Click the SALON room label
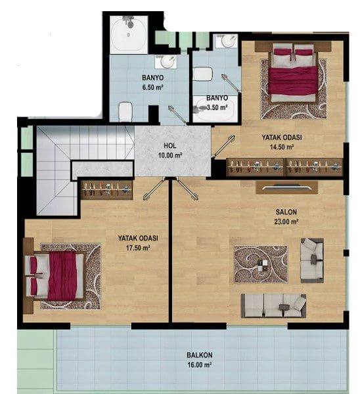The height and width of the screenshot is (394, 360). [286, 212]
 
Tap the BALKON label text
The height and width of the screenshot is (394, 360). [200, 355]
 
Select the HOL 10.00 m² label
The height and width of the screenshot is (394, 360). [170, 151]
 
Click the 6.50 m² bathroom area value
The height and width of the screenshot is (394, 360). [153, 87]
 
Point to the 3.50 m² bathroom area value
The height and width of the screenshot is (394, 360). [217, 108]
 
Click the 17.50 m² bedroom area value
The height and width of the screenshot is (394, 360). [138, 248]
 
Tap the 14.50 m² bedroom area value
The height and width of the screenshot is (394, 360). [282, 147]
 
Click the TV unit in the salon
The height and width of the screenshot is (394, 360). [286, 187]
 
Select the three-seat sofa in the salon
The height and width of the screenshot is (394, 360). [273, 306]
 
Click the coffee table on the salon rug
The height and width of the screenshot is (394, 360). [263, 265]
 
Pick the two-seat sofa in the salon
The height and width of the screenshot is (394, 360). [312, 260]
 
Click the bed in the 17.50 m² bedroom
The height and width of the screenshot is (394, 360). [54, 276]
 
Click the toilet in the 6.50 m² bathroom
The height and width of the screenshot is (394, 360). [125, 112]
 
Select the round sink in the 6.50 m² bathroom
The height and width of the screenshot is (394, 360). [166, 62]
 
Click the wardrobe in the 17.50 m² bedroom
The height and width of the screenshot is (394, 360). [106, 190]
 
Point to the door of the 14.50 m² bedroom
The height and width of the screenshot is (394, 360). [223, 147]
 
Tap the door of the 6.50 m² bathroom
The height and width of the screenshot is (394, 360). [177, 115]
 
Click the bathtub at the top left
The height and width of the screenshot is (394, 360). [129, 34]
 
